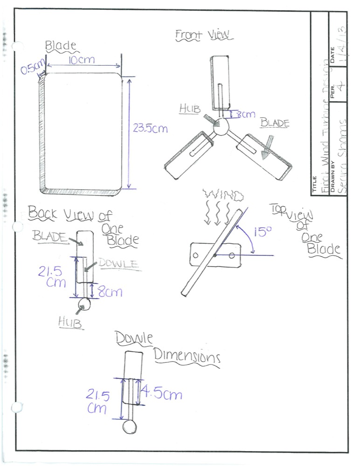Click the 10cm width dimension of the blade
83,61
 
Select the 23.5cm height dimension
150,128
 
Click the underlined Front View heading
204,35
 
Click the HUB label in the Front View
190,109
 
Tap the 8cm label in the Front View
245,114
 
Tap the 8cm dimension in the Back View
110,292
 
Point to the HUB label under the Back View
70,322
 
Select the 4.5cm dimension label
161,394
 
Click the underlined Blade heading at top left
60,46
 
